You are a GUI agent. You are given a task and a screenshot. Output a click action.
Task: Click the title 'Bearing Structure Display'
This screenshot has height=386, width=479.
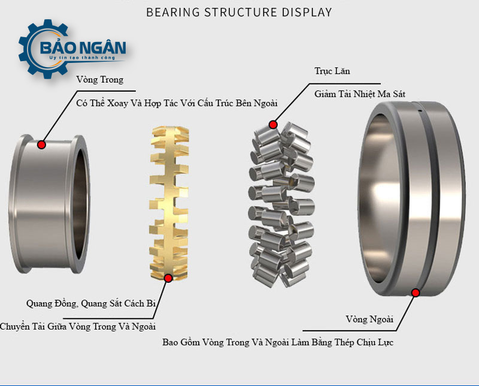pos(239,12)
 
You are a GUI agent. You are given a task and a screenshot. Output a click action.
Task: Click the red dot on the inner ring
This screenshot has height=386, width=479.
pos(41,144)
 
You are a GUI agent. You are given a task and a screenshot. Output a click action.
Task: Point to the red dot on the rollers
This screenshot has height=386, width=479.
pos(273,125)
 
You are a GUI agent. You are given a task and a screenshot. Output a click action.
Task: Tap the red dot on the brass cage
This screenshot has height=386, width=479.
pos(168,278)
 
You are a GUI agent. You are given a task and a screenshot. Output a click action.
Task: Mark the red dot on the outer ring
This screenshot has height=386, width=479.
pos(416,292)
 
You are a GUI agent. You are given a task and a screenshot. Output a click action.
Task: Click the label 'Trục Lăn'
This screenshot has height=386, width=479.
pos(332,71)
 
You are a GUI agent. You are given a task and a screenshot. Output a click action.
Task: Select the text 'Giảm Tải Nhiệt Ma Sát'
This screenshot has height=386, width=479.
pos(363,94)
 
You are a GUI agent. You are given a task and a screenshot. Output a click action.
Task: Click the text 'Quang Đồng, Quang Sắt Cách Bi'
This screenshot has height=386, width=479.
pos(91,303)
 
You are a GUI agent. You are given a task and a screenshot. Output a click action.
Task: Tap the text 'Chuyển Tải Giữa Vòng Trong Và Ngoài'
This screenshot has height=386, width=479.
pos(78,327)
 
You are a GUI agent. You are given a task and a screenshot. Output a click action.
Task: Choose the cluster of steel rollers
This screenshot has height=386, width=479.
pos(280,201)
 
